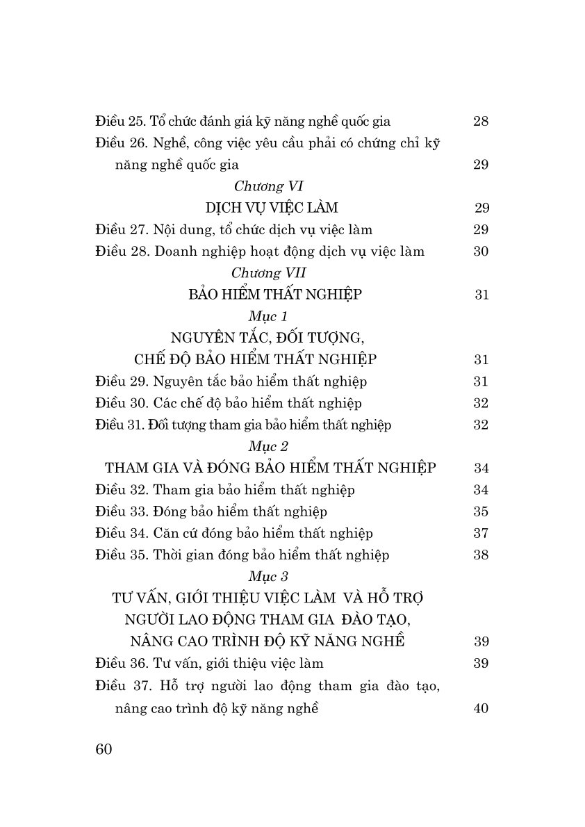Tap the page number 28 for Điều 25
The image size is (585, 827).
pos(481,122)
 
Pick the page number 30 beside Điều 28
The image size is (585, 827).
pos(481,252)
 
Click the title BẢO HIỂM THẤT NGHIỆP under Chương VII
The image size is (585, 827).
pos(274,294)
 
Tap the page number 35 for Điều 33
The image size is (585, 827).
pos(481,511)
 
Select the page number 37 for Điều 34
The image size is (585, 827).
pos(481,533)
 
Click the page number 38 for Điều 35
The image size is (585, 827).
pos(481,555)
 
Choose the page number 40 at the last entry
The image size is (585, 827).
pos(481,709)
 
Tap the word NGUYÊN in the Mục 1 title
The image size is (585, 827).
pos(205,338)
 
